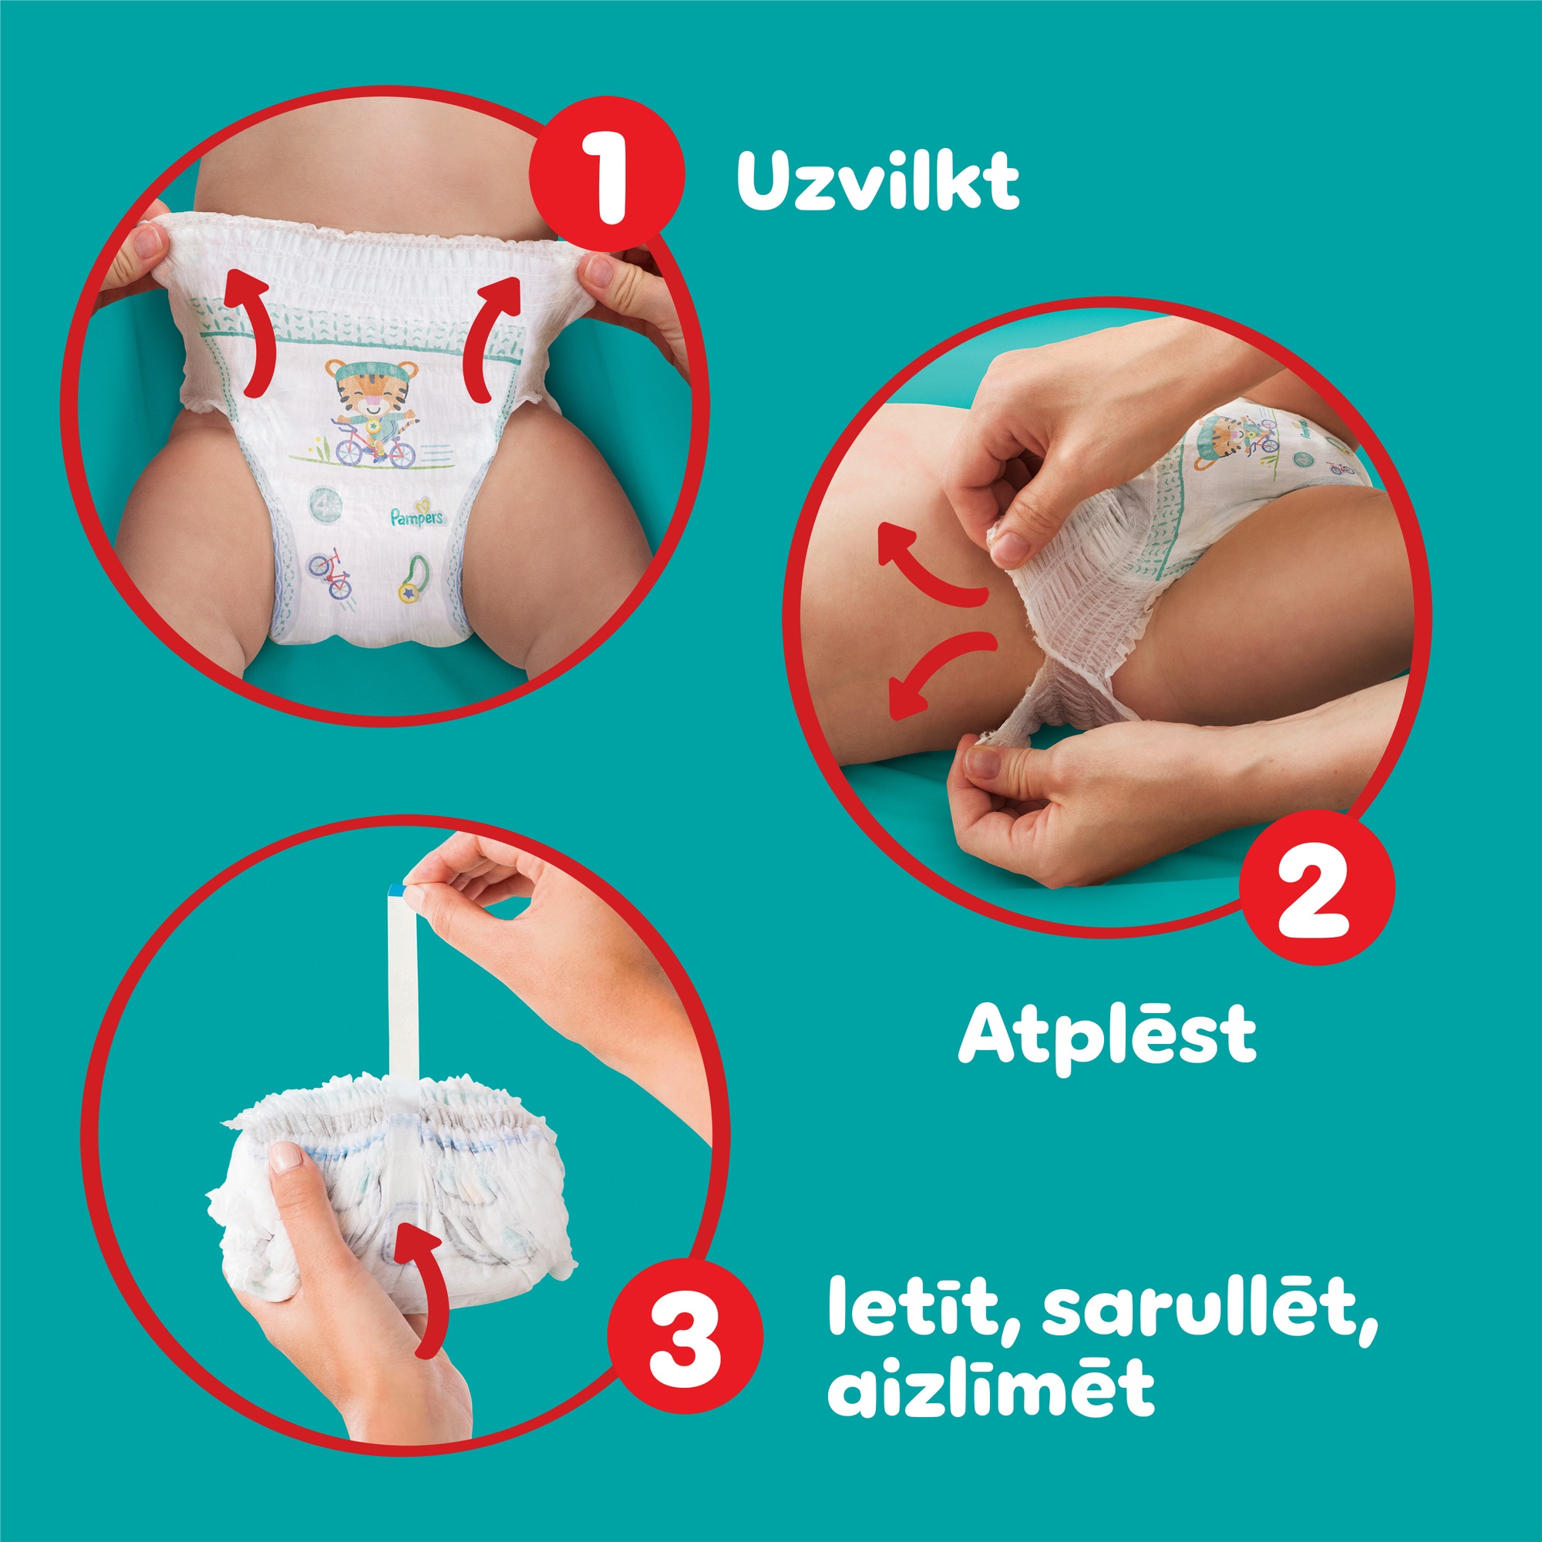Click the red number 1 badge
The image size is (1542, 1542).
coord(609,173)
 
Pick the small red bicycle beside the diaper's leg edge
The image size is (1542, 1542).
coord(330,572)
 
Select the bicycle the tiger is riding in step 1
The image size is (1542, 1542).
coord(375,448)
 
